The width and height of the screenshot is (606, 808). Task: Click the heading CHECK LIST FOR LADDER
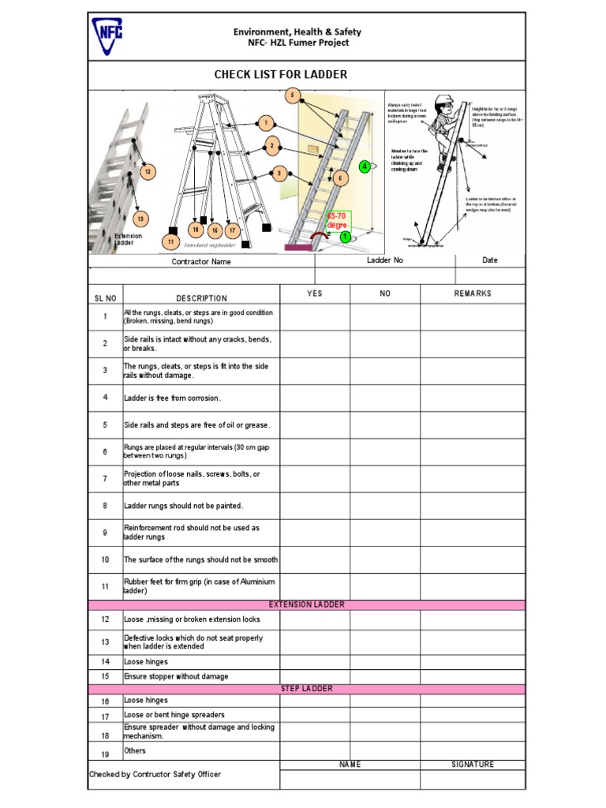[x=281, y=75]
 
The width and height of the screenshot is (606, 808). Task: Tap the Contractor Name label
[x=201, y=262]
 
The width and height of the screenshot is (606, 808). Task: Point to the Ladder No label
[x=385, y=260]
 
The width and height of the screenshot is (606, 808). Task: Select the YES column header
[x=314, y=294]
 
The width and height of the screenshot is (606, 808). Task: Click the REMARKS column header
[x=472, y=294]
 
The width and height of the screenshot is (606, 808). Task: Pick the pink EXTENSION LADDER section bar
[x=306, y=605]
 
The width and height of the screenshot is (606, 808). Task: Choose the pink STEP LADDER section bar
[x=306, y=689]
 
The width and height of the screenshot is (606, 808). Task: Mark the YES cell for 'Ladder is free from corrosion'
[x=314, y=398]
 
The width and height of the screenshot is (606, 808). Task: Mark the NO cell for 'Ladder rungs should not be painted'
[x=384, y=505]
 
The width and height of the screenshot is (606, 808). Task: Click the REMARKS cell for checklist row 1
[x=472, y=317]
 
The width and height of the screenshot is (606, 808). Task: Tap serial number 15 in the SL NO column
[x=105, y=677]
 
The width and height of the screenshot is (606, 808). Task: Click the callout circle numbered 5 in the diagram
[x=293, y=96]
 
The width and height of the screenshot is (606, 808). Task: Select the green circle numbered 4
[x=364, y=166]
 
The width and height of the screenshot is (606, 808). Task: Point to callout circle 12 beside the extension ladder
[x=147, y=171]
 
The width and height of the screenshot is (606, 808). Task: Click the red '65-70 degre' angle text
[x=337, y=220]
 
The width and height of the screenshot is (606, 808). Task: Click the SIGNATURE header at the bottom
[x=472, y=765]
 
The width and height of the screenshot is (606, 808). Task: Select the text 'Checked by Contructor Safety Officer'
[x=155, y=775]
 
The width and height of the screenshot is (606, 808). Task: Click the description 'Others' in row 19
[x=135, y=750]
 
